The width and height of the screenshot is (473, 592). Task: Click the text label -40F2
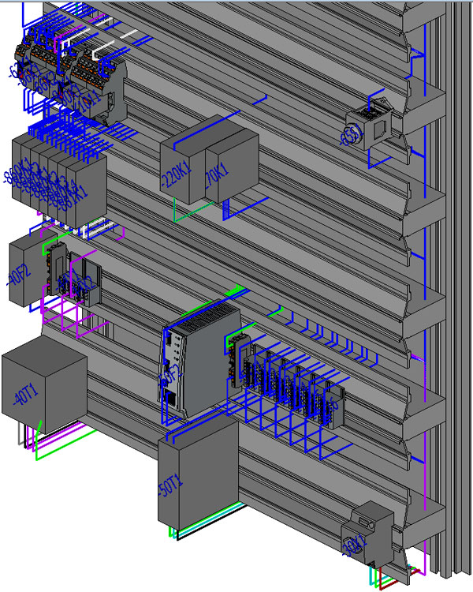pyautogui.click(x=15, y=276)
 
